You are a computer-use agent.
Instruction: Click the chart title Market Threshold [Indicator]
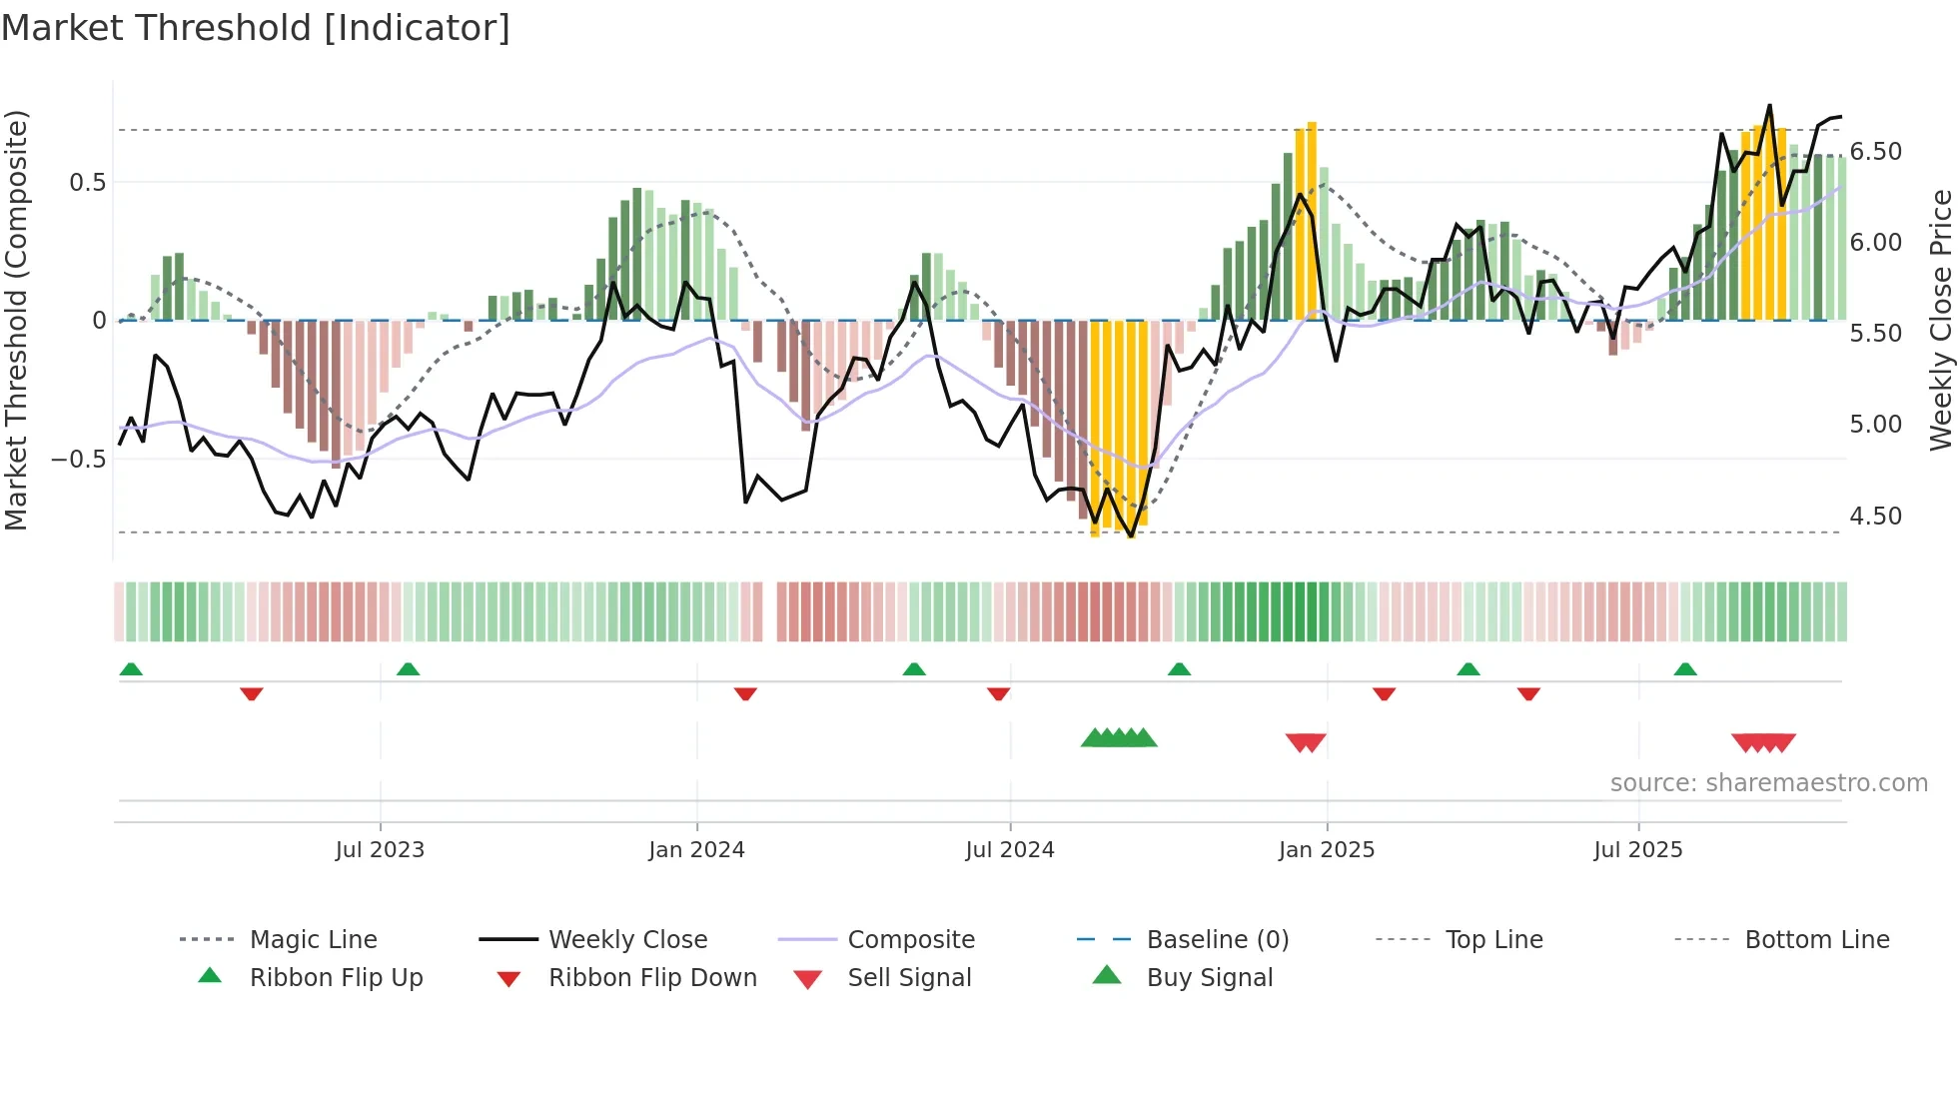click(256, 28)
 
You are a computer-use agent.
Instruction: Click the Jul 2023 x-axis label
click(380, 850)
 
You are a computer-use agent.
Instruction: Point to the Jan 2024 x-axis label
click(696, 850)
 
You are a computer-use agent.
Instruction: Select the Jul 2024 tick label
click(1010, 850)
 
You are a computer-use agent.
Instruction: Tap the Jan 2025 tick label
click(1327, 850)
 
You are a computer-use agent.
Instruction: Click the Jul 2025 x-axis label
click(1638, 850)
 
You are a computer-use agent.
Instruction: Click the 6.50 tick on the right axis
click(1876, 152)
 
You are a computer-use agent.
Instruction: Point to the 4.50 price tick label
click(1876, 517)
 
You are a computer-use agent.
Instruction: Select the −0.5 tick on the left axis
click(78, 460)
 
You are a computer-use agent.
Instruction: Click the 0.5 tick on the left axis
click(87, 183)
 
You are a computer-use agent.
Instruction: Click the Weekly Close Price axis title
click(1940, 320)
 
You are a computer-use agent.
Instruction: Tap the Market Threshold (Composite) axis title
click(17, 320)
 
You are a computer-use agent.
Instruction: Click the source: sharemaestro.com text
click(1768, 783)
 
